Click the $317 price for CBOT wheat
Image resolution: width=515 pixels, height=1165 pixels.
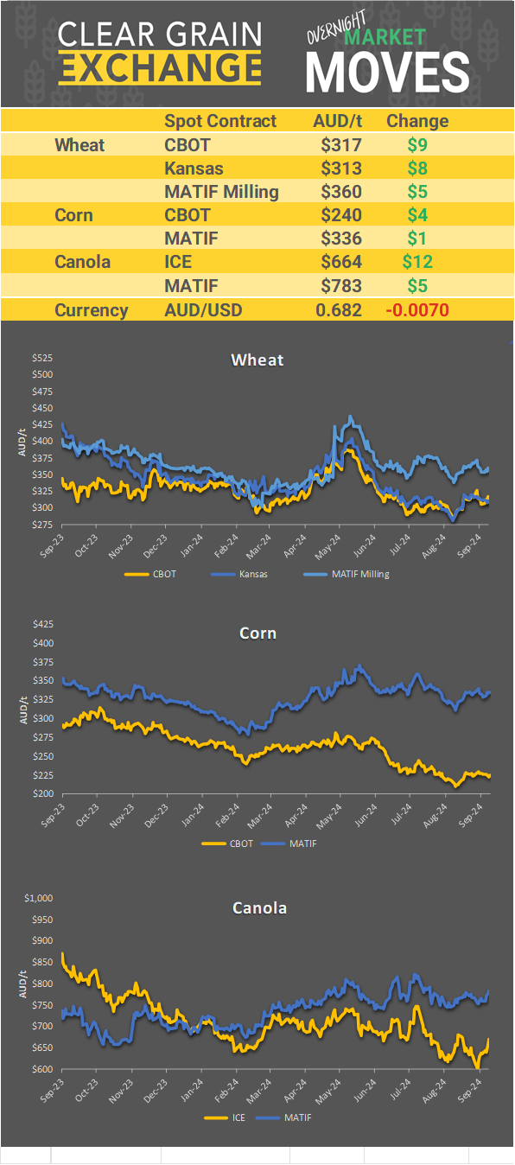point(340,145)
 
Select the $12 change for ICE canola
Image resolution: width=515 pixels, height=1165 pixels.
point(416,261)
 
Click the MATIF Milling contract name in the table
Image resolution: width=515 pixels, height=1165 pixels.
point(221,192)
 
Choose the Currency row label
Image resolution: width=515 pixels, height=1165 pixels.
point(92,310)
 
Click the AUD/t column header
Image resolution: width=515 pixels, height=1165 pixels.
point(337,121)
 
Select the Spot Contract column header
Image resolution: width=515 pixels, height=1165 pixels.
point(220,121)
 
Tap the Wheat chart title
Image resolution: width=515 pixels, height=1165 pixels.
point(257,360)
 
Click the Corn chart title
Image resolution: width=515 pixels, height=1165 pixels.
point(257,633)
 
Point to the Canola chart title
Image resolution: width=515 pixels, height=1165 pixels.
point(259,908)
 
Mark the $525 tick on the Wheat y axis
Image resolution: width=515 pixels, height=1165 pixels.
point(42,358)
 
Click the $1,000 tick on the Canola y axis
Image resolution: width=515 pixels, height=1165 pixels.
point(39,899)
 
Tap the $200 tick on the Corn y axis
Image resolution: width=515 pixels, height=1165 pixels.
point(42,794)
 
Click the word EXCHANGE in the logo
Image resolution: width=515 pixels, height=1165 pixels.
point(160,67)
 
